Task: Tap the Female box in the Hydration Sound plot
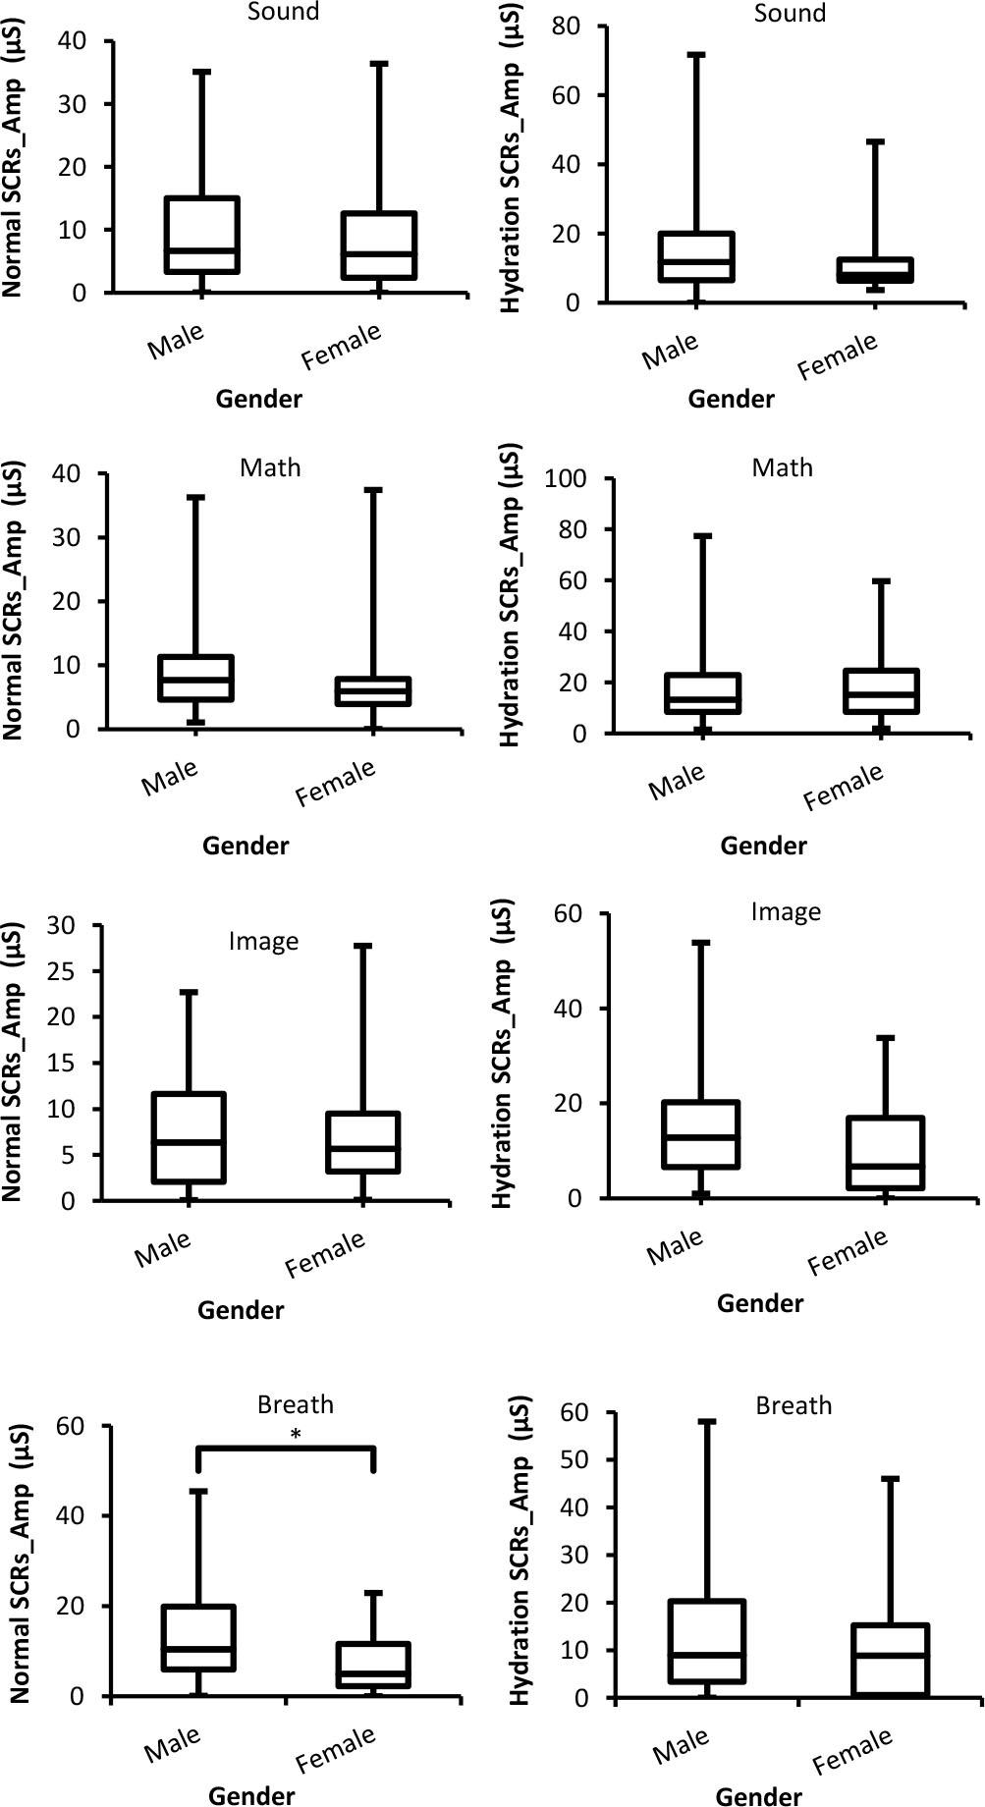875,270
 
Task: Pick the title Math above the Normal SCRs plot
270,467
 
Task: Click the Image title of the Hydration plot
786,912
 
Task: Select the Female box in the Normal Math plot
373,691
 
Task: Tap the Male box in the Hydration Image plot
701,1134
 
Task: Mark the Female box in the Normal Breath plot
373,1666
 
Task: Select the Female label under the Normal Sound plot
341,348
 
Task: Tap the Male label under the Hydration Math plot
677,782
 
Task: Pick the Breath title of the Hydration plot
793,1406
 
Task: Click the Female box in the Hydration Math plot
881,691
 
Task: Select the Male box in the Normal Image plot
189,1137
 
